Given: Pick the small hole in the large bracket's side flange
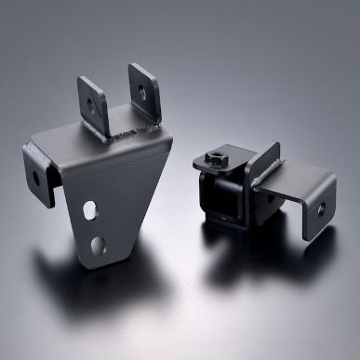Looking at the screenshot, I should click(38, 177).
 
